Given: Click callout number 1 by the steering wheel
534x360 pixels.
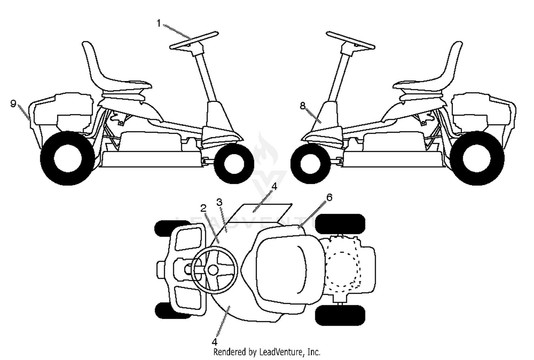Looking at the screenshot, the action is (159, 23).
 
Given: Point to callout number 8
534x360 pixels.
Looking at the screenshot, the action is (303, 106).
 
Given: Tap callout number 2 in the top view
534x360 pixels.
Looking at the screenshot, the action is (203, 208).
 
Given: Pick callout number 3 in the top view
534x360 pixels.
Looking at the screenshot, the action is (219, 202).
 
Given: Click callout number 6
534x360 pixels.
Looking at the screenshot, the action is (329, 197).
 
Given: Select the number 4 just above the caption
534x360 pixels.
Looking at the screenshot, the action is (215, 342).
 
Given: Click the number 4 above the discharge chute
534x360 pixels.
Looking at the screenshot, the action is (274, 186).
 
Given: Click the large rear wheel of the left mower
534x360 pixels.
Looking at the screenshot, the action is (68, 158).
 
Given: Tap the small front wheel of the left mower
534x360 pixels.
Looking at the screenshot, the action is (234, 163).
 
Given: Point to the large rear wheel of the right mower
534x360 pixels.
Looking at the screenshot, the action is (477, 158).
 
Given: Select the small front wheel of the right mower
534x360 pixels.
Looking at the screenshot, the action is (311, 163).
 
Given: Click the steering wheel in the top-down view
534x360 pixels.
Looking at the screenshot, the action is (214, 270).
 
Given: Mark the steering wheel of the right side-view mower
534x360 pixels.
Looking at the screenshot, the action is (350, 41).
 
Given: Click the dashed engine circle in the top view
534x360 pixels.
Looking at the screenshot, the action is (342, 270).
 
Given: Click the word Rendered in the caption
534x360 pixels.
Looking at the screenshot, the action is (229, 352).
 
